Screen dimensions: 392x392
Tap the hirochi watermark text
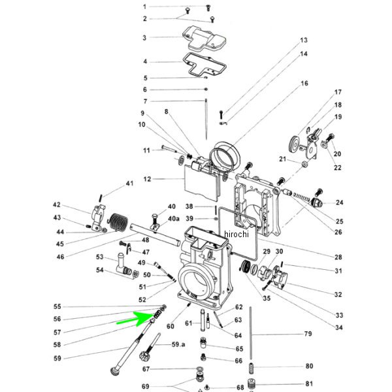(236, 234)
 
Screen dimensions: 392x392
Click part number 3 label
(145, 38)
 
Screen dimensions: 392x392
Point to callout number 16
(304, 84)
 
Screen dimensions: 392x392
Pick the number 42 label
(57, 205)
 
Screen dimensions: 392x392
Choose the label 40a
(174, 218)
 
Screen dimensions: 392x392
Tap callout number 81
(309, 384)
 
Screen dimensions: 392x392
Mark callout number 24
(339, 203)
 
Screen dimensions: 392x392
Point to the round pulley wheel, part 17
(295, 144)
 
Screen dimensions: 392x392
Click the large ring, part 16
(225, 156)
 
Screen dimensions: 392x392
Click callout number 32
(338, 295)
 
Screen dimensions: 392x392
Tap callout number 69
(146, 386)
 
